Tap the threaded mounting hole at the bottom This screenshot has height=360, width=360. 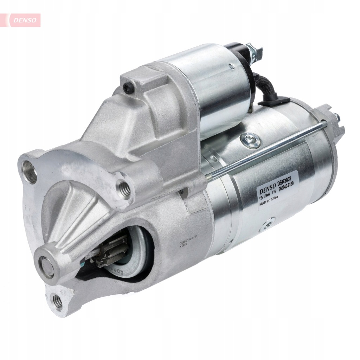tap(57, 302)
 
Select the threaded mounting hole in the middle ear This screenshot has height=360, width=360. tap(124, 189)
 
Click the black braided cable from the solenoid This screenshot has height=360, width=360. tap(269, 88)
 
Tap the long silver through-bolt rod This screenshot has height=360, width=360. tap(267, 149)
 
